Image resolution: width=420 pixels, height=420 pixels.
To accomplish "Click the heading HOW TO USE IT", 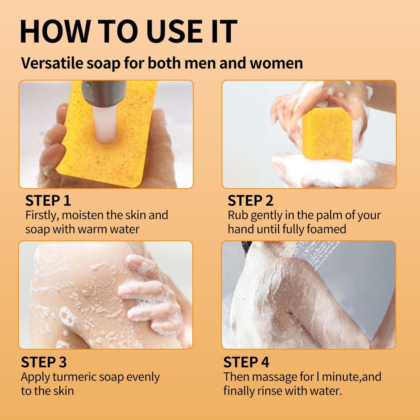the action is (x=128, y=32).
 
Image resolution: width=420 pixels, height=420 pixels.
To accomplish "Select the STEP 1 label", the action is (x=48, y=201).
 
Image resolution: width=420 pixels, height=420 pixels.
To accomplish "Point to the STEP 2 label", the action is (x=250, y=201).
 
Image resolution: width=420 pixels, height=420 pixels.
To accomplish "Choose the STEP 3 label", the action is (x=44, y=362).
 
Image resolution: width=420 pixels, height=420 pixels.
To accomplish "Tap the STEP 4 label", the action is (x=246, y=362).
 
